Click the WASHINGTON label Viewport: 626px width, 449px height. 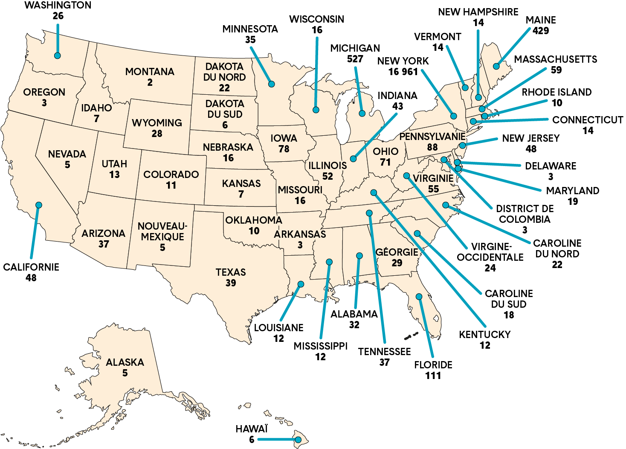tap(58, 6)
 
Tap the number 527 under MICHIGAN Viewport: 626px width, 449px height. tap(355, 59)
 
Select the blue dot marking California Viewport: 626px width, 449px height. tap(39, 205)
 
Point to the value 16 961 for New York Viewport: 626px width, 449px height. tap(403, 72)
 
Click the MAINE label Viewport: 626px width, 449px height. tap(541, 20)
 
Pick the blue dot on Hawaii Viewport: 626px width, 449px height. tap(298, 440)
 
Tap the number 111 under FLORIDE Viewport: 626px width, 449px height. tap(433, 376)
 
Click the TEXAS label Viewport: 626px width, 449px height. tap(231, 272)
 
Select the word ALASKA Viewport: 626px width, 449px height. tap(125, 362)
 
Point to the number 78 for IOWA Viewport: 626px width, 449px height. tap(284, 149)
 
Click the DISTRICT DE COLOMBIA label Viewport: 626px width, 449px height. tap(525, 214)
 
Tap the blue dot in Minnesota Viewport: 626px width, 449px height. tap(271, 84)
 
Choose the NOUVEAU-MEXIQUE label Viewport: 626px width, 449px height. tap(162, 231)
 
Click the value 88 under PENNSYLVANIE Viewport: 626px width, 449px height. tap(432, 147)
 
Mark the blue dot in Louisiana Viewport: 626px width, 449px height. tap(301, 284)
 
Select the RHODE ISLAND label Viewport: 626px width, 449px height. tap(556, 92)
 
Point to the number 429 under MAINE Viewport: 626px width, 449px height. tap(540, 31)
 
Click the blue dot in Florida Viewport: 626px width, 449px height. tap(419, 297)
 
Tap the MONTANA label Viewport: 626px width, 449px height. tap(150, 72)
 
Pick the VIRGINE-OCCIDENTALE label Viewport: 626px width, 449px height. tap(490, 252)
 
